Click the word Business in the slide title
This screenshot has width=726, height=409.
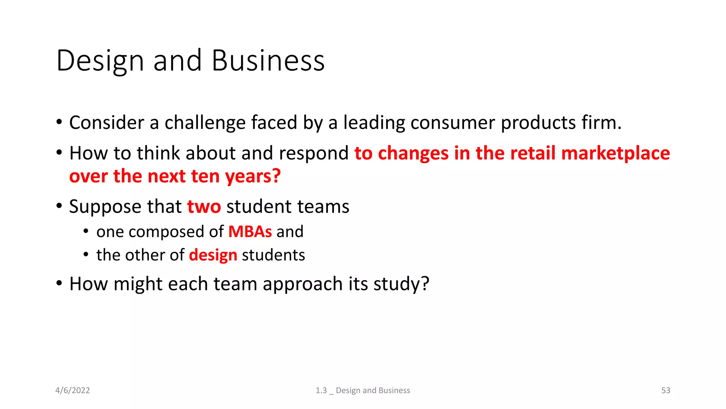click(x=268, y=61)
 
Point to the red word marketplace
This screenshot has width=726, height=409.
click(x=615, y=153)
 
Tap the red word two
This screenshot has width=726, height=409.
click(x=204, y=207)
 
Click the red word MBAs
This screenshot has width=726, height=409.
click(x=250, y=232)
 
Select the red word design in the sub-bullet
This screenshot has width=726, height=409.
click(x=213, y=256)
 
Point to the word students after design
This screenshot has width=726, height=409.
click(x=273, y=255)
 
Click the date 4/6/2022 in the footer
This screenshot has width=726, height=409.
click(x=73, y=391)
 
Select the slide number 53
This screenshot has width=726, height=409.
click(x=665, y=391)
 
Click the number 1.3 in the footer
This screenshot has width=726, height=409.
click(x=321, y=391)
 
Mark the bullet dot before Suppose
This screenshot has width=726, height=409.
click(x=59, y=206)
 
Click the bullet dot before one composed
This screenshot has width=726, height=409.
click(x=86, y=231)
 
